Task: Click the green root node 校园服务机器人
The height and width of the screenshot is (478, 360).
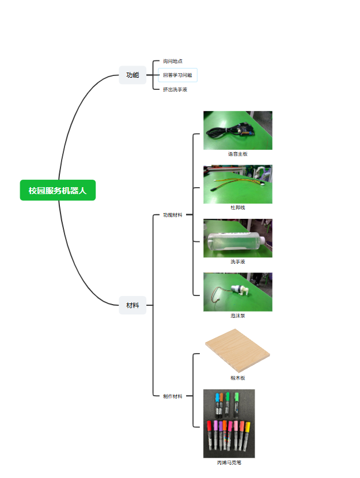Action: click(58, 190)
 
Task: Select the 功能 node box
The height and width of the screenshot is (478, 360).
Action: click(132, 75)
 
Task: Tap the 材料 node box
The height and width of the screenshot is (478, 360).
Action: click(132, 305)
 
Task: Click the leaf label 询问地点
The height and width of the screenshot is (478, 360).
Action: click(173, 61)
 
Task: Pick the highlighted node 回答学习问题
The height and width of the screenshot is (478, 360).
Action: click(178, 75)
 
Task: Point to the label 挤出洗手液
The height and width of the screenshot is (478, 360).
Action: click(175, 89)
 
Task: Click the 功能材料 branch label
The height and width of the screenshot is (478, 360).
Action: click(173, 215)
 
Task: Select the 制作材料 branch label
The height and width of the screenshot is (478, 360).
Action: click(173, 396)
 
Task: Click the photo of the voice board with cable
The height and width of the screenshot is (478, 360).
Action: click(238, 130)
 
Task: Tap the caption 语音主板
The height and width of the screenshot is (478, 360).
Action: click(238, 154)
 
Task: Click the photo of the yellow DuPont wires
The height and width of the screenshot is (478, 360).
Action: click(238, 184)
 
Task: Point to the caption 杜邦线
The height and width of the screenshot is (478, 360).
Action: click(238, 207)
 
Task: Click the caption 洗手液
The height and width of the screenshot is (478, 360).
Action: click(238, 261)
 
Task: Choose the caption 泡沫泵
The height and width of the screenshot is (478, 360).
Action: click(238, 316)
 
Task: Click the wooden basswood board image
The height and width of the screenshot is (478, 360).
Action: click(237, 351)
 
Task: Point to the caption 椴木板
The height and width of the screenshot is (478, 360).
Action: click(238, 378)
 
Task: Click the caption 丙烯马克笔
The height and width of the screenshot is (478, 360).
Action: click(229, 463)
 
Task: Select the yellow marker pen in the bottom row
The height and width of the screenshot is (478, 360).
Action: click(247, 435)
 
